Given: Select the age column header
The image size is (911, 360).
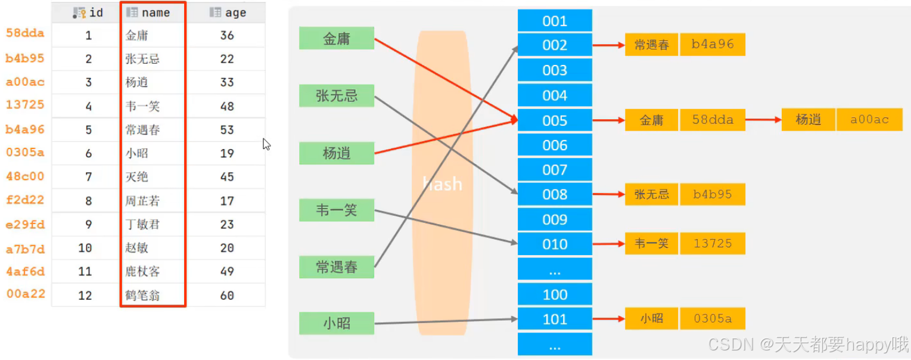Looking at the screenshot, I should click(x=228, y=13).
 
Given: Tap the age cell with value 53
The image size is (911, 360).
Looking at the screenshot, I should click(x=227, y=130).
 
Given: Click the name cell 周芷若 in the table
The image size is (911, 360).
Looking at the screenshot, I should click(x=143, y=201).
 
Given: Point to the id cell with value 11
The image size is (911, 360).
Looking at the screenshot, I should click(x=85, y=271).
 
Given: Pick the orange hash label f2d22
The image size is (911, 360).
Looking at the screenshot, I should click(x=25, y=200).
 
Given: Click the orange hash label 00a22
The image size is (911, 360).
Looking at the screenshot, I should click(x=25, y=294).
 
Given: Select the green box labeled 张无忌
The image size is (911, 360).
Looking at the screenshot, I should click(x=337, y=95).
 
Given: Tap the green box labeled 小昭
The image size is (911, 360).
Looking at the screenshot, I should click(x=337, y=323).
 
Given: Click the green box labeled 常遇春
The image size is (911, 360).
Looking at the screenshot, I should click(x=337, y=267).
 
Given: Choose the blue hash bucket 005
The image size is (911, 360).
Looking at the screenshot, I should click(x=555, y=120).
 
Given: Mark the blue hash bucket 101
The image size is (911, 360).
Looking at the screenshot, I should click(x=555, y=319).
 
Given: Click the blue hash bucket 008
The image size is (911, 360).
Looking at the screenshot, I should click(x=555, y=194).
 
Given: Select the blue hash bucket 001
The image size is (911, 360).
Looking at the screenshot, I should click(x=555, y=21).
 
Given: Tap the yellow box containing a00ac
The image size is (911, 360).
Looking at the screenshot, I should click(x=869, y=120).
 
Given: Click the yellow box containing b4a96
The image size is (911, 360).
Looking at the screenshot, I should click(x=713, y=45).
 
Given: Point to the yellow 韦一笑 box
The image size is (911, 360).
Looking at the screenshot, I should click(x=651, y=243).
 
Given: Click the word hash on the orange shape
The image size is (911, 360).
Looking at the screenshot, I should click(x=442, y=184).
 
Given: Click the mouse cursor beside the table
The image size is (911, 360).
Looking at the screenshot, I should click(x=266, y=144).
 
